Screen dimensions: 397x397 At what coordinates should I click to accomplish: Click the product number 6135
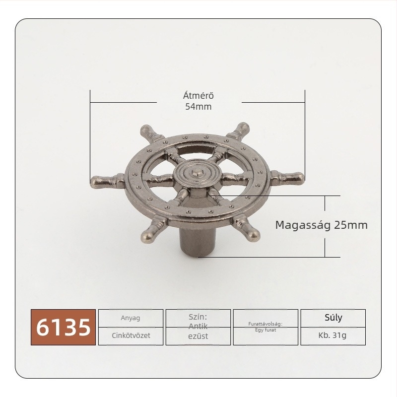click(64, 327)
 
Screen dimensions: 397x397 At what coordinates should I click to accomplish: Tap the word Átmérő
click(198, 95)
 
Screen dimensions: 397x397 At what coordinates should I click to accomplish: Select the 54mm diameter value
click(198, 107)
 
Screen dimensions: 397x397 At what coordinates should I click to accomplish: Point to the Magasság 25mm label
click(321, 225)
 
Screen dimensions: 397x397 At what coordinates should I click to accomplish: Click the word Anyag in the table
click(131, 318)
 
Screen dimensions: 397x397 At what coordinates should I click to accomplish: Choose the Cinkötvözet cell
click(131, 335)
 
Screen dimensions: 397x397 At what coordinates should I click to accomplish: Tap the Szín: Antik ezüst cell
click(198, 327)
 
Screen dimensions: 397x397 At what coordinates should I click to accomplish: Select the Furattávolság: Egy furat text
click(265, 327)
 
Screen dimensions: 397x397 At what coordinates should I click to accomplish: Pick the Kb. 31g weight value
click(332, 335)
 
